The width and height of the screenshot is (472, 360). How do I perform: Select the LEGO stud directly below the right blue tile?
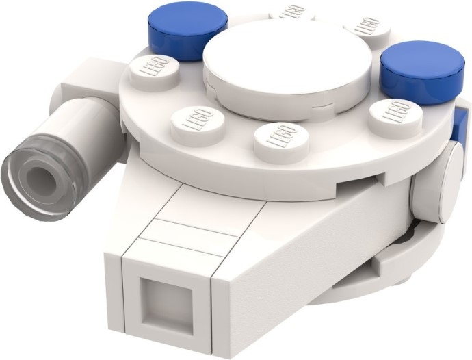pyautogui.click(x=390, y=114)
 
